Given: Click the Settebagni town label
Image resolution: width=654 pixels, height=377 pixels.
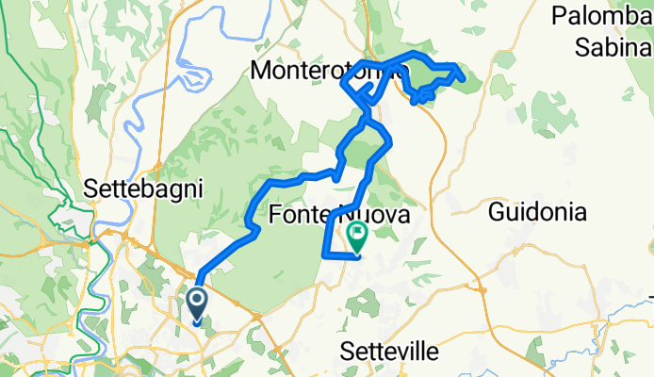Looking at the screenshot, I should coord(144,188).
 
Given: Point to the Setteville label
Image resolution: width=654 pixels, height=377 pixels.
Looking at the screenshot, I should coord(388,352).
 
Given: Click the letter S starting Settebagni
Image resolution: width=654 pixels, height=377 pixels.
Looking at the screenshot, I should coord(90,188).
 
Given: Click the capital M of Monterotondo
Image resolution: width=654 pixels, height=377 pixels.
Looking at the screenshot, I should coord(261,70).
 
